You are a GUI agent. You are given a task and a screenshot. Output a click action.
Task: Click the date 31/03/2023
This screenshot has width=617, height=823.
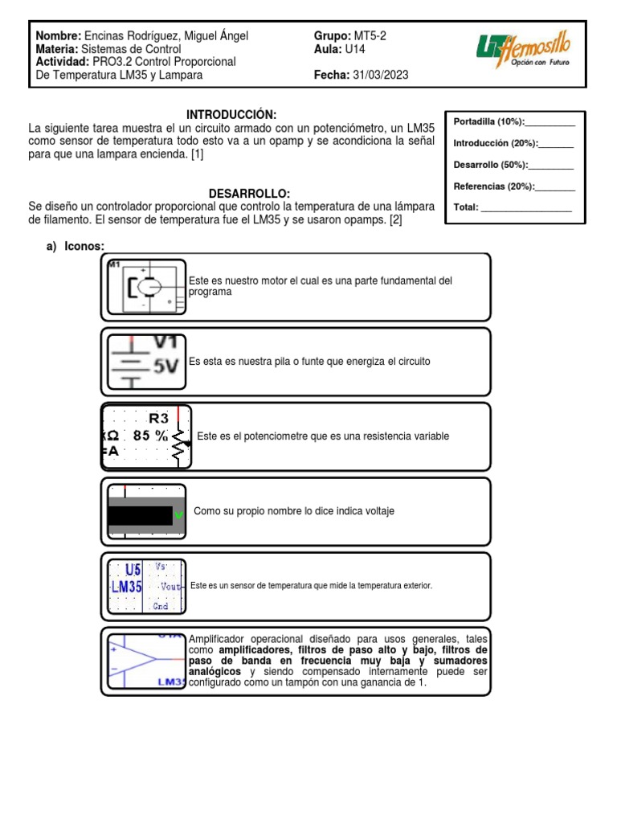pos(379,75)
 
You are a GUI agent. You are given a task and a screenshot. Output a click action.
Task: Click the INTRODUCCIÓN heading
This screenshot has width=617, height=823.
pos(231,116)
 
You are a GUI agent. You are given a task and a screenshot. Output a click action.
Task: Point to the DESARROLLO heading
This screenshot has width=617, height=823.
pos(248,194)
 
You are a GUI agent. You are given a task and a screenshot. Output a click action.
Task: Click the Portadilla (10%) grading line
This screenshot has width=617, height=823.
pos(514,121)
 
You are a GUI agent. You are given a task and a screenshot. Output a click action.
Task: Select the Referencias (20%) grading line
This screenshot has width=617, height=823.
pos(514,186)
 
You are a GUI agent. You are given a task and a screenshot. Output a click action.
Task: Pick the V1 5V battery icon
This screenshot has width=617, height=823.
pos(146,360)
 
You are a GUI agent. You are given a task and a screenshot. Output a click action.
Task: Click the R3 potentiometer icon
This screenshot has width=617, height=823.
pos(146,436)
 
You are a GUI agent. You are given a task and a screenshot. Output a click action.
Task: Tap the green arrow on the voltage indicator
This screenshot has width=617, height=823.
pos(179,514)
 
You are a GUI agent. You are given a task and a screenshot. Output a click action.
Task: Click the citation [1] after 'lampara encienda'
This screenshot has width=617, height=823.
pos(197,154)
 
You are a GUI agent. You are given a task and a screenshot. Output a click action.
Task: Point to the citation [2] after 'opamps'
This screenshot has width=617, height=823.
pos(395,220)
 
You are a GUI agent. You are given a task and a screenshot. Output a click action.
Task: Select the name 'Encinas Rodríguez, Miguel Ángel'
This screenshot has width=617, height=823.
pos(165,36)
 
